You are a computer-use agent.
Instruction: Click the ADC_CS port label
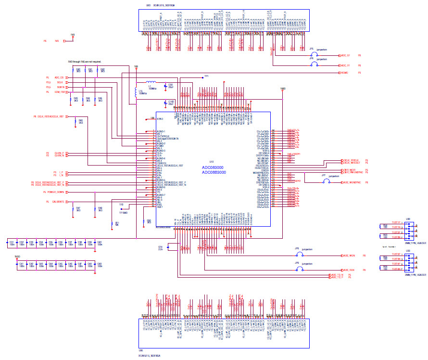[x=59, y=77]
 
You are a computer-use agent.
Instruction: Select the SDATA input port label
[x=60, y=87]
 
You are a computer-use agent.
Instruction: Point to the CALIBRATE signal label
[x=59, y=202]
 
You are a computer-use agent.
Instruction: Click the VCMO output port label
[x=344, y=73]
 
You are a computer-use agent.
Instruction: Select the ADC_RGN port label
[x=349, y=270]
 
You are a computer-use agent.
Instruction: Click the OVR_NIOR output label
[x=349, y=170]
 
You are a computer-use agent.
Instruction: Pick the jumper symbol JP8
[x=300, y=255]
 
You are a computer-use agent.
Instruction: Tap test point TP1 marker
[x=202, y=77]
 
